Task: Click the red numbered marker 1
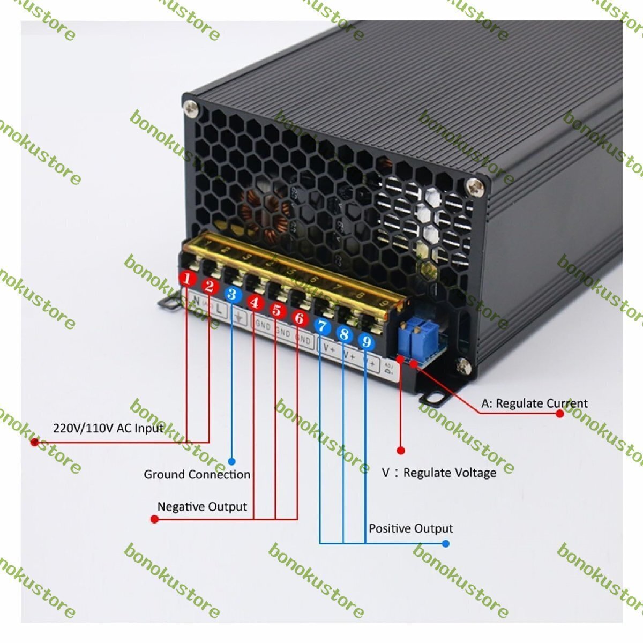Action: coord(187,278)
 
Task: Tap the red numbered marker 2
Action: coord(209,286)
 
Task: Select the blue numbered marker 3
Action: coord(231,294)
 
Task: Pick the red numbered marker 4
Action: coord(254,303)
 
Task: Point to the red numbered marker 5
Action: coord(276,310)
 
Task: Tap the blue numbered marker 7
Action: coord(321,326)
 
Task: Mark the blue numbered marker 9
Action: coord(366,341)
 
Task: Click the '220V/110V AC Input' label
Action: coord(108,428)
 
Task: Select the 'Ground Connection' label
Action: coord(197,474)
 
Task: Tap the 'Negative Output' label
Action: coord(202,506)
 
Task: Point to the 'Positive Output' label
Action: coord(410,528)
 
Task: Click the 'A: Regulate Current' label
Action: coord(534,403)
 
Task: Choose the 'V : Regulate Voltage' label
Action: coord(439,473)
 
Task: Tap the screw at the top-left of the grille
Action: coord(191,109)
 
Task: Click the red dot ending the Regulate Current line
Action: coord(560,414)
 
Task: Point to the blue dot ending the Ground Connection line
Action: coord(231,461)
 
